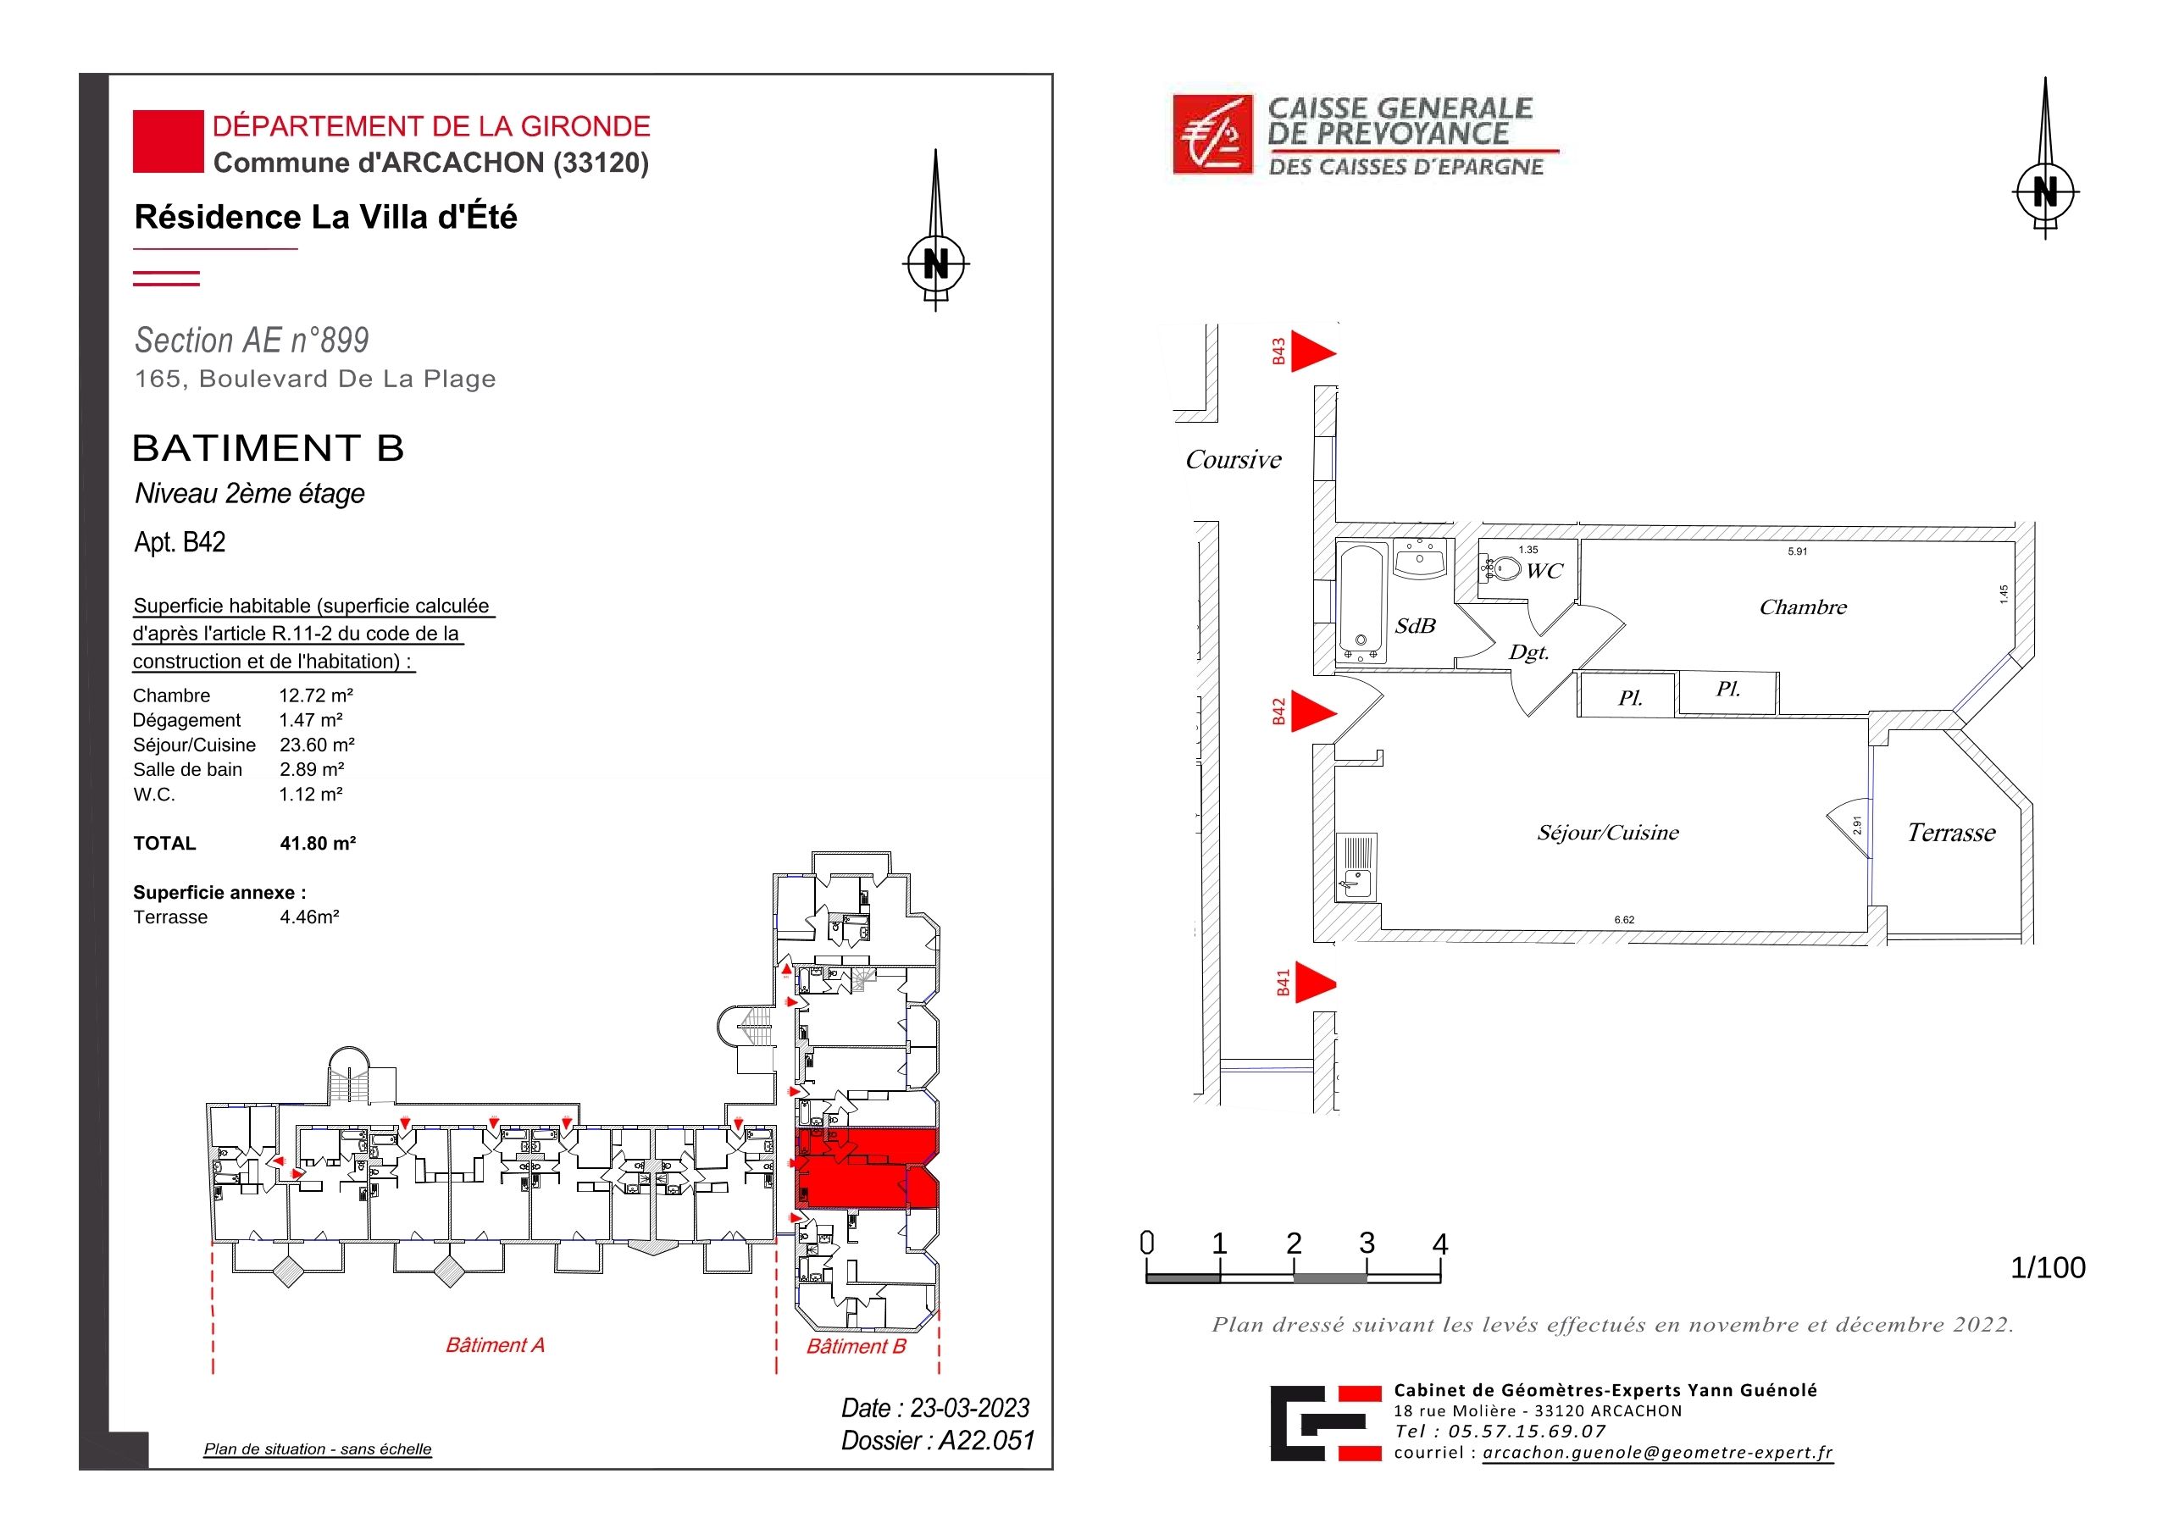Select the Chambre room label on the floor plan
[1803, 607]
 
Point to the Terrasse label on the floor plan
[1951, 833]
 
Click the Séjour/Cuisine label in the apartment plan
[1608, 833]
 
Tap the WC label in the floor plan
[1544, 571]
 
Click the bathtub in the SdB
[1361, 602]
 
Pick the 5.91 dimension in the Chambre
[1798, 551]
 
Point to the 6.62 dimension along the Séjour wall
[1625, 919]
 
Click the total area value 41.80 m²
[318, 844]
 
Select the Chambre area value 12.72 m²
[316, 695]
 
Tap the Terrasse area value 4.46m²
[309, 917]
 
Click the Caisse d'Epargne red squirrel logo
[1212, 135]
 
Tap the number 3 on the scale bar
[1367, 1243]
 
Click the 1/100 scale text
[2048, 1268]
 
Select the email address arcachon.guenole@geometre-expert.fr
[1657, 1453]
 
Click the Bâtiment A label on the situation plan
[496, 1344]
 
